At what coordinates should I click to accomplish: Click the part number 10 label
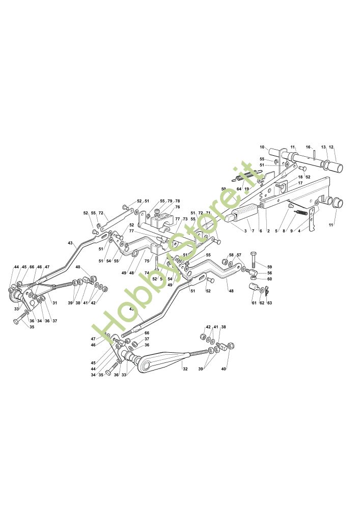262,148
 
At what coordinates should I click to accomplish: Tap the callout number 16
308,148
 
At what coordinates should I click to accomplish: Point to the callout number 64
239,189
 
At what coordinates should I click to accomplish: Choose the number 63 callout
269,303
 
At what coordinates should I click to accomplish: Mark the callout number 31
55,304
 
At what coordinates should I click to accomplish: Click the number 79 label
170,201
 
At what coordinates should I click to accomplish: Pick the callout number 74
146,273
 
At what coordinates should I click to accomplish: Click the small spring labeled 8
303,211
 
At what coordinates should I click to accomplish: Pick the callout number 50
224,189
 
